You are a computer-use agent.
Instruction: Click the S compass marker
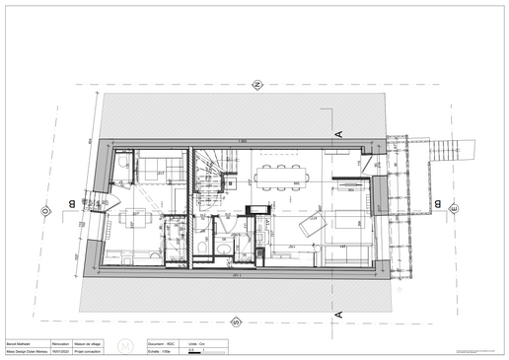(x=235, y=322)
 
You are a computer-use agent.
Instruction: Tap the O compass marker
(x=45, y=210)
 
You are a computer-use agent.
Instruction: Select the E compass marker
(x=454, y=208)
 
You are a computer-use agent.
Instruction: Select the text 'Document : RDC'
(x=162, y=343)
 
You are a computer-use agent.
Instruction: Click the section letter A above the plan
(x=338, y=132)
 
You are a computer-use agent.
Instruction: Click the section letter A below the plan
(x=337, y=313)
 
